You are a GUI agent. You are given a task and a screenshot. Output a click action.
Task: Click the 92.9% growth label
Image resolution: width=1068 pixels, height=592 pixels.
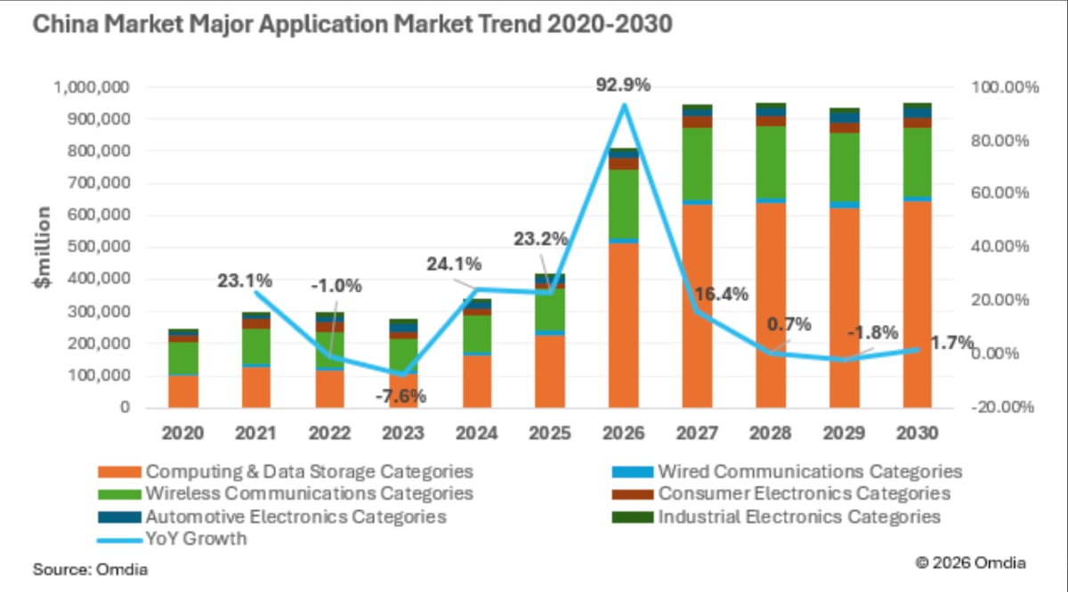[x=623, y=85]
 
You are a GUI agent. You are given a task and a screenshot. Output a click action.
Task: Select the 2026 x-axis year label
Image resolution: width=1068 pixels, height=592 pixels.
[x=623, y=434]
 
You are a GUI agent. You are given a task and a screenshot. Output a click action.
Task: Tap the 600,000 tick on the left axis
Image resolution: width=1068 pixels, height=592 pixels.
[x=98, y=215]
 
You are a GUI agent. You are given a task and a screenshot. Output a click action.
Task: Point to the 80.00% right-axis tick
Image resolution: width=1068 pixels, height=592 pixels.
[x=999, y=141]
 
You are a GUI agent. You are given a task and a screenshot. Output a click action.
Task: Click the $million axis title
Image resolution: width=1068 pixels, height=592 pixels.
[x=43, y=247]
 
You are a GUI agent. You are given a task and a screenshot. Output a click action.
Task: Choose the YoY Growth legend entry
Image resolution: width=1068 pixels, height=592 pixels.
[x=172, y=539]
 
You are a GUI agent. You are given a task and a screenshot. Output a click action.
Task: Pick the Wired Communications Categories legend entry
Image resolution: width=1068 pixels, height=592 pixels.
[x=787, y=471]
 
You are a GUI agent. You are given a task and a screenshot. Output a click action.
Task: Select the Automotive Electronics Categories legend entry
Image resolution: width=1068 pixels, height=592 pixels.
[x=271, y=516]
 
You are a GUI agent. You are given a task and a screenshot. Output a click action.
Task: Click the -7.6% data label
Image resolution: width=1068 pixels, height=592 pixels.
[x=400, y=396]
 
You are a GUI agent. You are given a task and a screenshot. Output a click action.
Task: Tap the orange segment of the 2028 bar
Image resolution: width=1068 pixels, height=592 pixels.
[x=771, y=305]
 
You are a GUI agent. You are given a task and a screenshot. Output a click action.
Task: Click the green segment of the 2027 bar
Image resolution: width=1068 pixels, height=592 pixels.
[x=697, y=164]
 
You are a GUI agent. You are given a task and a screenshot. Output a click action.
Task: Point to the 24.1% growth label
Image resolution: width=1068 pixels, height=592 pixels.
[x=454, y=264]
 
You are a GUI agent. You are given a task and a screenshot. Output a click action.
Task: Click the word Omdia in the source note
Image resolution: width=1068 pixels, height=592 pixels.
[x=122, y=570]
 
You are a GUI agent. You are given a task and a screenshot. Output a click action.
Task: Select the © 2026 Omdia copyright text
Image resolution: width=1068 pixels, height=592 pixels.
[x=971, y=563]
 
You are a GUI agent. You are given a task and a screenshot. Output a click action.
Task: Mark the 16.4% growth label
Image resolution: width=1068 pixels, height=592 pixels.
[x=721, y=295]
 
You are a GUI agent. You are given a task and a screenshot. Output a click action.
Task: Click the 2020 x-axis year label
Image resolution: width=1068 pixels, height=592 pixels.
[x=182, y=434]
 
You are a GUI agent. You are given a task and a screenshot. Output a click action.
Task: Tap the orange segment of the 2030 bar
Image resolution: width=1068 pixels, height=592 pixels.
[x=918, y=304]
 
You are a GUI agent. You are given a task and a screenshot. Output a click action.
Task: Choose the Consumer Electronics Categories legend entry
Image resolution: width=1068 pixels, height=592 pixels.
[x=781, y=493]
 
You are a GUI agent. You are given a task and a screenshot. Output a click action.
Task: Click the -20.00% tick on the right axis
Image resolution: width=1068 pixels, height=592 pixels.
[x=1002, y=407]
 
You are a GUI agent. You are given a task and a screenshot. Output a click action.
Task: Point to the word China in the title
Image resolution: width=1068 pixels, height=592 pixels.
[x=65, y=24]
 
